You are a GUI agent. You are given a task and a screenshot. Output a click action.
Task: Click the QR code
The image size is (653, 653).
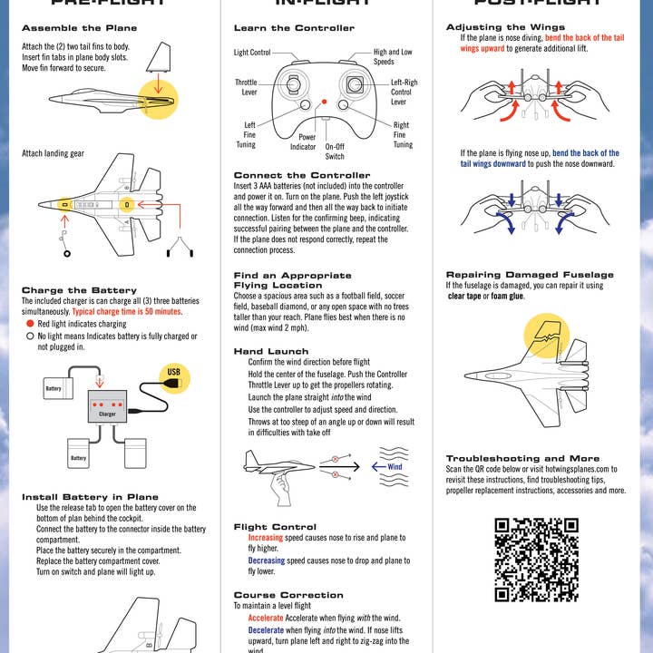(536, 559)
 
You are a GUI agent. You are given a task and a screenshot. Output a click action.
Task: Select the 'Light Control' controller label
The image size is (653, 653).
(252, 53)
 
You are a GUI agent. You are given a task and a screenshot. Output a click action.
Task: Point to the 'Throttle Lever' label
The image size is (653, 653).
(248, 87)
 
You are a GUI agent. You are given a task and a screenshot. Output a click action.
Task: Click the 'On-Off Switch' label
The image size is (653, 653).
(335, 151)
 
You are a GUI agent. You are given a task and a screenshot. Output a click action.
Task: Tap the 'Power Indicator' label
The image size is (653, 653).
(303, 141)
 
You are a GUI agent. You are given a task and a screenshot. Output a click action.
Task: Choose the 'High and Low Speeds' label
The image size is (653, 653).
(392, 57)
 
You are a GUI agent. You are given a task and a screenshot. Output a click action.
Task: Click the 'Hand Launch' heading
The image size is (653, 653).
(271, 351)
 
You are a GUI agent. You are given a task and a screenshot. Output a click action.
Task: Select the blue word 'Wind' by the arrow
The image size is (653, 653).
(395, 467)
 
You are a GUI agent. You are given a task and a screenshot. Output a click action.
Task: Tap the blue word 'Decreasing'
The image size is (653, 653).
(267, 560)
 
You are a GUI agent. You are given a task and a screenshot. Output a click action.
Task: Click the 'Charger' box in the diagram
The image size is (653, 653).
(107, 414)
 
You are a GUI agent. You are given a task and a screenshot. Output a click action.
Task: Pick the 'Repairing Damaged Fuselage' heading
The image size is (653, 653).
(530, 274)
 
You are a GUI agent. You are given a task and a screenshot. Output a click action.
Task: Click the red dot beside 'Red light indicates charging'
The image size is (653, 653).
(30, 324)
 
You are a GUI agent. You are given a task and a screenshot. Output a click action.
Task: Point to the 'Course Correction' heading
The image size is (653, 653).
(288, 595)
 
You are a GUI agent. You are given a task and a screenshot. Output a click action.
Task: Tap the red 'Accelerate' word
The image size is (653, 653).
(266, 618)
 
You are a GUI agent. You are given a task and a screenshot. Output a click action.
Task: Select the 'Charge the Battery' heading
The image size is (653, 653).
(67, 290)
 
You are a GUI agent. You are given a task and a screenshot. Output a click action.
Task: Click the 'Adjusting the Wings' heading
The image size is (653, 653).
(499, 27)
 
